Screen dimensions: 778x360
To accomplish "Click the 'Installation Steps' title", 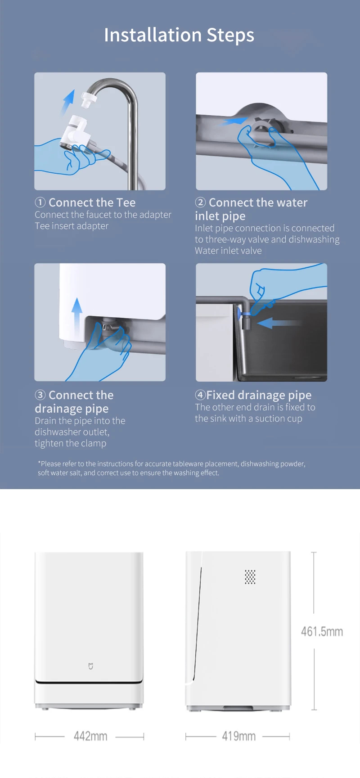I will [x=179, y=35].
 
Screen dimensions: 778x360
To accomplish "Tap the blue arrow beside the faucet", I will [x=67, y=102].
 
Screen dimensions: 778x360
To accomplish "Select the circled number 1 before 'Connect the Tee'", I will [x=40, y=202].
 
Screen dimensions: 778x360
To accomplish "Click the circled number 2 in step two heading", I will [x=200, y=202].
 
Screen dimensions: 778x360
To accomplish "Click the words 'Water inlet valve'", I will [x=228, y=251].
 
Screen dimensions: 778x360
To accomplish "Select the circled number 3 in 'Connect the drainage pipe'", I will [x=40, y=395].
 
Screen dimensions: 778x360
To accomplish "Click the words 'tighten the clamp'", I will [x=71, y=443].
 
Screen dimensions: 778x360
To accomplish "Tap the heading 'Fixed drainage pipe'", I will [x=259, y=395].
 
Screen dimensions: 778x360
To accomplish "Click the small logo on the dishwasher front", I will [x=90, y=666].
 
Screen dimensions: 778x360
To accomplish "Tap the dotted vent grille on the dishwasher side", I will [x=250, y=577].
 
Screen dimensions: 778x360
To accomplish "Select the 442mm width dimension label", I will [x=90, y=736].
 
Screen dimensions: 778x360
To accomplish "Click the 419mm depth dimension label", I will [x=238, y=736].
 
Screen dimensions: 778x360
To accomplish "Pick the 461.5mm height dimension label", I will [x=322, y=631].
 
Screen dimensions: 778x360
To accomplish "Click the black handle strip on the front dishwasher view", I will [x=89, y=682].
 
